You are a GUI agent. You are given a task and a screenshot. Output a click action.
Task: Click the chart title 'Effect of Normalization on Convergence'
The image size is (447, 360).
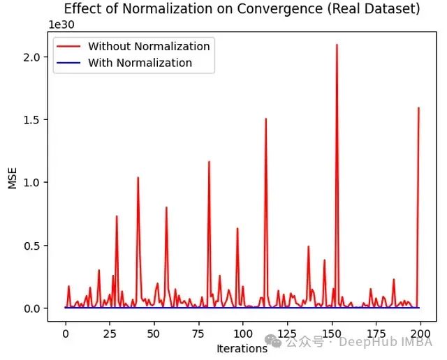[242, 9]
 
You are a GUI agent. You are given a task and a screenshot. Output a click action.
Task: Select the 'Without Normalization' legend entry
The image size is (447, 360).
[149, 47]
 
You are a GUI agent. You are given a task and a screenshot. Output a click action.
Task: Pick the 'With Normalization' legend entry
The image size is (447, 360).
[140, 63]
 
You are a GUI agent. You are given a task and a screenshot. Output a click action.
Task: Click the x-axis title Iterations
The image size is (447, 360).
[242, 348]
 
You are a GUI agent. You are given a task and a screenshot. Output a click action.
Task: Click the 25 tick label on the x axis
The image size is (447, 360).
[110, 333]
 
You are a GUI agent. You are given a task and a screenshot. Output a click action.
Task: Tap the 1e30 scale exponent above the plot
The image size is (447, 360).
[61, 24]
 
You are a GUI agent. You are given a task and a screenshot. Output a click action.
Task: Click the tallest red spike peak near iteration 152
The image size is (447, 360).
[337, 45]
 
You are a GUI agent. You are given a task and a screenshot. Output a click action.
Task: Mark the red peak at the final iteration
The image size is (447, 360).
[418, 107]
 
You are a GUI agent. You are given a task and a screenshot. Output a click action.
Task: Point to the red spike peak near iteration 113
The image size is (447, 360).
[266, 119]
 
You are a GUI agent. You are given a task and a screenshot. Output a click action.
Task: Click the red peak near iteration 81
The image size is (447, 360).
[209, 162]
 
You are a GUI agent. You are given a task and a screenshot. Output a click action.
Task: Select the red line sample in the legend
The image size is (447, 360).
[71, 47]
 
